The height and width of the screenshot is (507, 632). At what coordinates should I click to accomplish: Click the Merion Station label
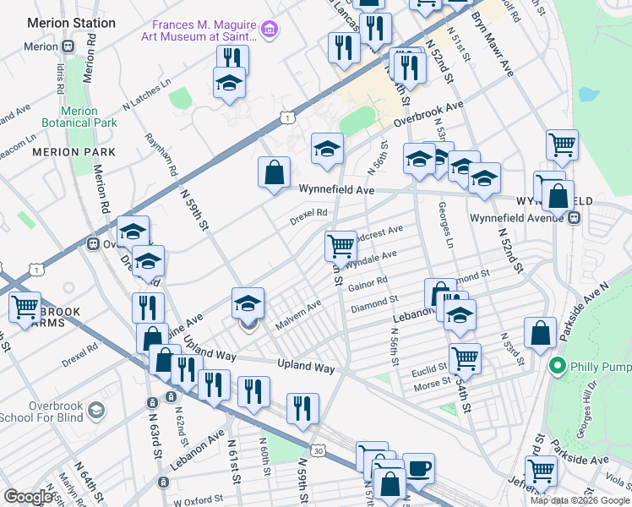(x=71, y=23)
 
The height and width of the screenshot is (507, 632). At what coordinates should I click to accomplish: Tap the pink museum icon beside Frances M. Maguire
(x=270, y=31)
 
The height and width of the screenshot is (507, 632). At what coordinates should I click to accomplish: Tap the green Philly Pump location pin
(x=556, y=367)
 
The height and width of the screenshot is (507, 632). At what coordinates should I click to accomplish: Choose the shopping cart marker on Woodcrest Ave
(x=341, y=246)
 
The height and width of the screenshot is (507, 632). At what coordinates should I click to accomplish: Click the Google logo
(x=29, y=497)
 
